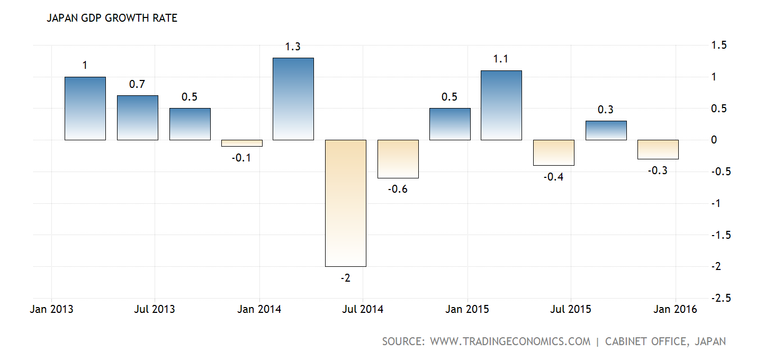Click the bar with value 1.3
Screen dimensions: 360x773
coord(293,99)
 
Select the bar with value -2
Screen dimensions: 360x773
coord(346,203)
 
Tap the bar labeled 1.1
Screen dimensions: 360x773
coord(501,105)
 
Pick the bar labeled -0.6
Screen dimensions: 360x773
coord(398,159)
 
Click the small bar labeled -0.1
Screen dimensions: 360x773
coord(241,143)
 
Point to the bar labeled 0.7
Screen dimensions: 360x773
coord(137,118)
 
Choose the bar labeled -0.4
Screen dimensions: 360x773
coord(553,152)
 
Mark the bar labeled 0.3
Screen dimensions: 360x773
coord(606,130)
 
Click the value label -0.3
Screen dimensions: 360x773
coord(658,170)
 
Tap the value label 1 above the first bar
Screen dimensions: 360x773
coord(85,66)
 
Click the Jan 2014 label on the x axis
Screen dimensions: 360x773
coord(259,309)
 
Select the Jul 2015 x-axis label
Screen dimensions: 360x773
coord(570,309)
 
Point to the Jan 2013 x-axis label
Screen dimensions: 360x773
coord(51,309)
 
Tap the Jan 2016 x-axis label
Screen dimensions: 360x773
coord(675,309)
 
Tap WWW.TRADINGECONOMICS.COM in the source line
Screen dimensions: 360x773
coord(510,341)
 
